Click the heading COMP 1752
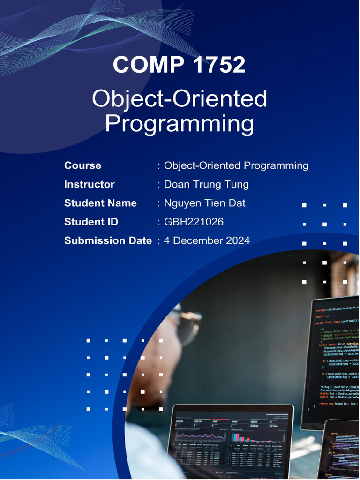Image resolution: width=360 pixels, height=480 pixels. click(179, 65)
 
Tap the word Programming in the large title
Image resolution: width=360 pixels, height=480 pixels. click(179, 124)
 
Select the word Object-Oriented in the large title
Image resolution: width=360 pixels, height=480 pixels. click(179, 99)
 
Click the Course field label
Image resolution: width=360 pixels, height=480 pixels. click(82, 165)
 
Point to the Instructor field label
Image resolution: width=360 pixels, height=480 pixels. click(89, 184)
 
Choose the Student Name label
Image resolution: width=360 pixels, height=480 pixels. click(100, 203)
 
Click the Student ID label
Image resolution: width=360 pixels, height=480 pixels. click(91, 222)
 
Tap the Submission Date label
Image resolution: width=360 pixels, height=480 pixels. click(108, 240)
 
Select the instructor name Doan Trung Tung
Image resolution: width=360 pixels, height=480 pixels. click(206, 184)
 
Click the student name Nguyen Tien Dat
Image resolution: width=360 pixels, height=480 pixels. click(205, 203)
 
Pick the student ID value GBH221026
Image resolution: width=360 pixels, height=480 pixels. click(194, 222)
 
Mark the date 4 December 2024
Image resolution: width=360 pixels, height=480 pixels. click(207, 240)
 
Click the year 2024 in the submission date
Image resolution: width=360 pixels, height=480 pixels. click(238, 240)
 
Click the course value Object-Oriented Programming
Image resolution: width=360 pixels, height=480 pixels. click(236, 165)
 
